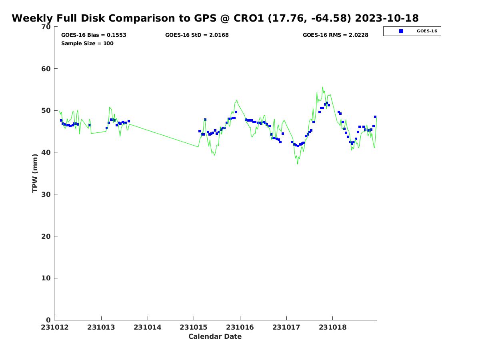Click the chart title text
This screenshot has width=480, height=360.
(x=215, y=18)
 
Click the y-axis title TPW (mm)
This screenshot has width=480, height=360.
(x=35, y=173)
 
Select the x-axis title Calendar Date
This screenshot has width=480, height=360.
(x=215, y=337)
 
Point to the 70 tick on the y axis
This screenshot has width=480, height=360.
(x=46, y=27)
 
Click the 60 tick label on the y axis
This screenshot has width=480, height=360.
(x=46, y=69)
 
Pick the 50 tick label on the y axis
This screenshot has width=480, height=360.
(x=46, y=111)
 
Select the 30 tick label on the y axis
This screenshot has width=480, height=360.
(x=46, y=194)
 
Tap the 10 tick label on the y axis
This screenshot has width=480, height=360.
(x=46, y=278)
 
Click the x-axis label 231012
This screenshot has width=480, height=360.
(x=56, y=327)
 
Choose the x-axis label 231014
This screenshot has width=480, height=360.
(x=148, y=327)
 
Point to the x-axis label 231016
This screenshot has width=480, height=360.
(x=240, y=327)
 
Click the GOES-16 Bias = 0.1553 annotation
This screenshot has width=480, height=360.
(x=94, y=35)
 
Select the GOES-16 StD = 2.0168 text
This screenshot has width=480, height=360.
(x=197, y=35)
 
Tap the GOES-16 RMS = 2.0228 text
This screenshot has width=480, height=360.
(x=335, y=35)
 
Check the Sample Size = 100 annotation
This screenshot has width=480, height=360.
(x=87, y=44)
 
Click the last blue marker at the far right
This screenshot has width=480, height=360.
(x=375, y=117)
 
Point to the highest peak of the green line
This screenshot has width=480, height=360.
(x=322, y=87)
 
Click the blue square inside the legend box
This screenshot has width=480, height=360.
(x=401, y=31)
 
